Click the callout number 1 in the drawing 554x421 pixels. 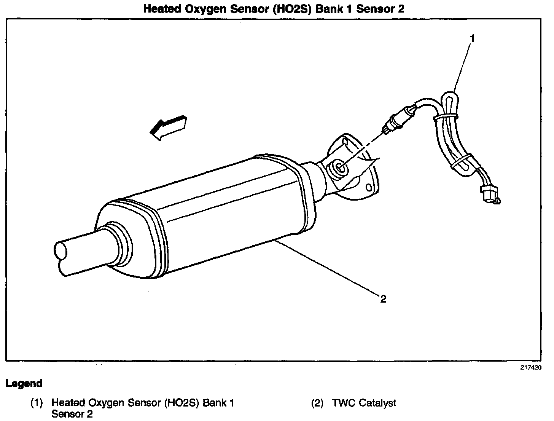point(472,38)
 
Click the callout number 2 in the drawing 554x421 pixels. point(383,299)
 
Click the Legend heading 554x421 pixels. point(24,383)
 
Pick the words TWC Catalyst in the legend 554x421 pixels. point(364,403)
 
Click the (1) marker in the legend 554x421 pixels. point(37,403)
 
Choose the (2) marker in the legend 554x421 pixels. point(318,403)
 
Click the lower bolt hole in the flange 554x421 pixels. point(368,188)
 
